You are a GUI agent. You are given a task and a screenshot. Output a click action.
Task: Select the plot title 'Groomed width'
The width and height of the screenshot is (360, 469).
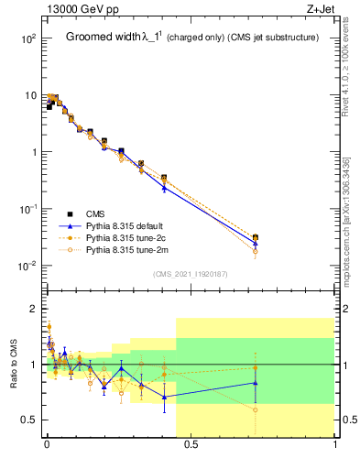(101, 38)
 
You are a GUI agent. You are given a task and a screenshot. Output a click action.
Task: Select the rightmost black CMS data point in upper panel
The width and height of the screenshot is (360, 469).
(256, 237)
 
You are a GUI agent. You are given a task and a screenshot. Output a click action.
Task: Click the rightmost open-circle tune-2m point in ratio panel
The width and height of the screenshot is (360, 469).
(256, 409)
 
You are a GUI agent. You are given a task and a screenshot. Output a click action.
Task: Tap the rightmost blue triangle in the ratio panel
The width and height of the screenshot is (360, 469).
(256, 383)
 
